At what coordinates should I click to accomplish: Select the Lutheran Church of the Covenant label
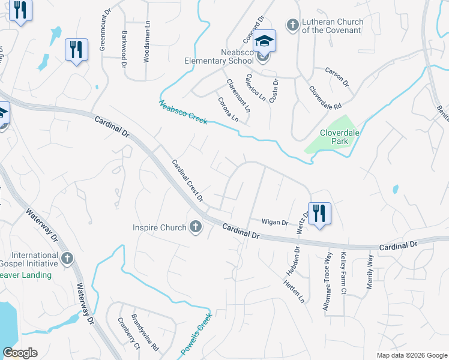[x=333, y=26]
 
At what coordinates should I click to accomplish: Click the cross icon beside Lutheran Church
[x=292, y=25]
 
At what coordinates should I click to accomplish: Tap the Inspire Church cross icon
[x=195, y=227]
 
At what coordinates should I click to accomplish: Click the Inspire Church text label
[x=160, y=227]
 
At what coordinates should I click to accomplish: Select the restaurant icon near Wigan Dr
[x=319, y=213]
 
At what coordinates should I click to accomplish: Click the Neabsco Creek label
[x=183, y=112]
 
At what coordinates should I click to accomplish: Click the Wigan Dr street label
[x=276, y=222]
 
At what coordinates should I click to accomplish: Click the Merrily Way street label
[x=370, y=272]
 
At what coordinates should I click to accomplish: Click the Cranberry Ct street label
[x=128, y=333]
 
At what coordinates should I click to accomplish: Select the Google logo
[x=20, y=353]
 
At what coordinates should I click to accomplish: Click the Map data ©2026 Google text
[x=411, y=355]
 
